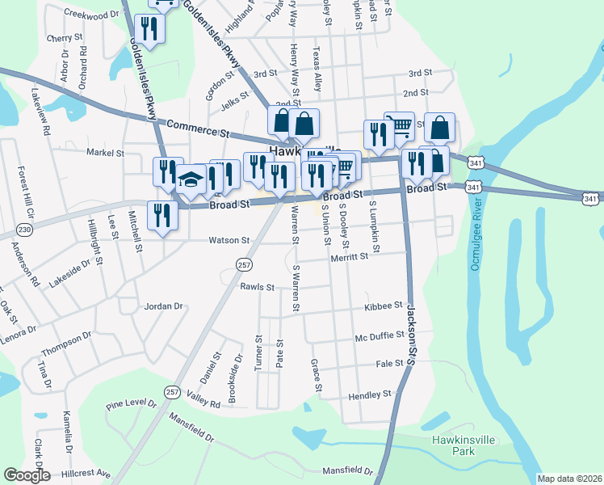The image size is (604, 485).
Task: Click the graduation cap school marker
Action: coord(191,179)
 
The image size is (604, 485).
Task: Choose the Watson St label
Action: coord(229,240)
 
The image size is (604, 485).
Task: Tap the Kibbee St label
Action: coord(384,306)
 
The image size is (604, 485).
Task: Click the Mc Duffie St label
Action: coord(380,335)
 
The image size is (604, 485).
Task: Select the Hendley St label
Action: coord(370,394)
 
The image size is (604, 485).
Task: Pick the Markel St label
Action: coord(105,151)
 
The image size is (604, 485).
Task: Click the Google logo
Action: coord(27,475)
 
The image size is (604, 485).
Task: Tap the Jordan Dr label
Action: coord(164,306)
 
